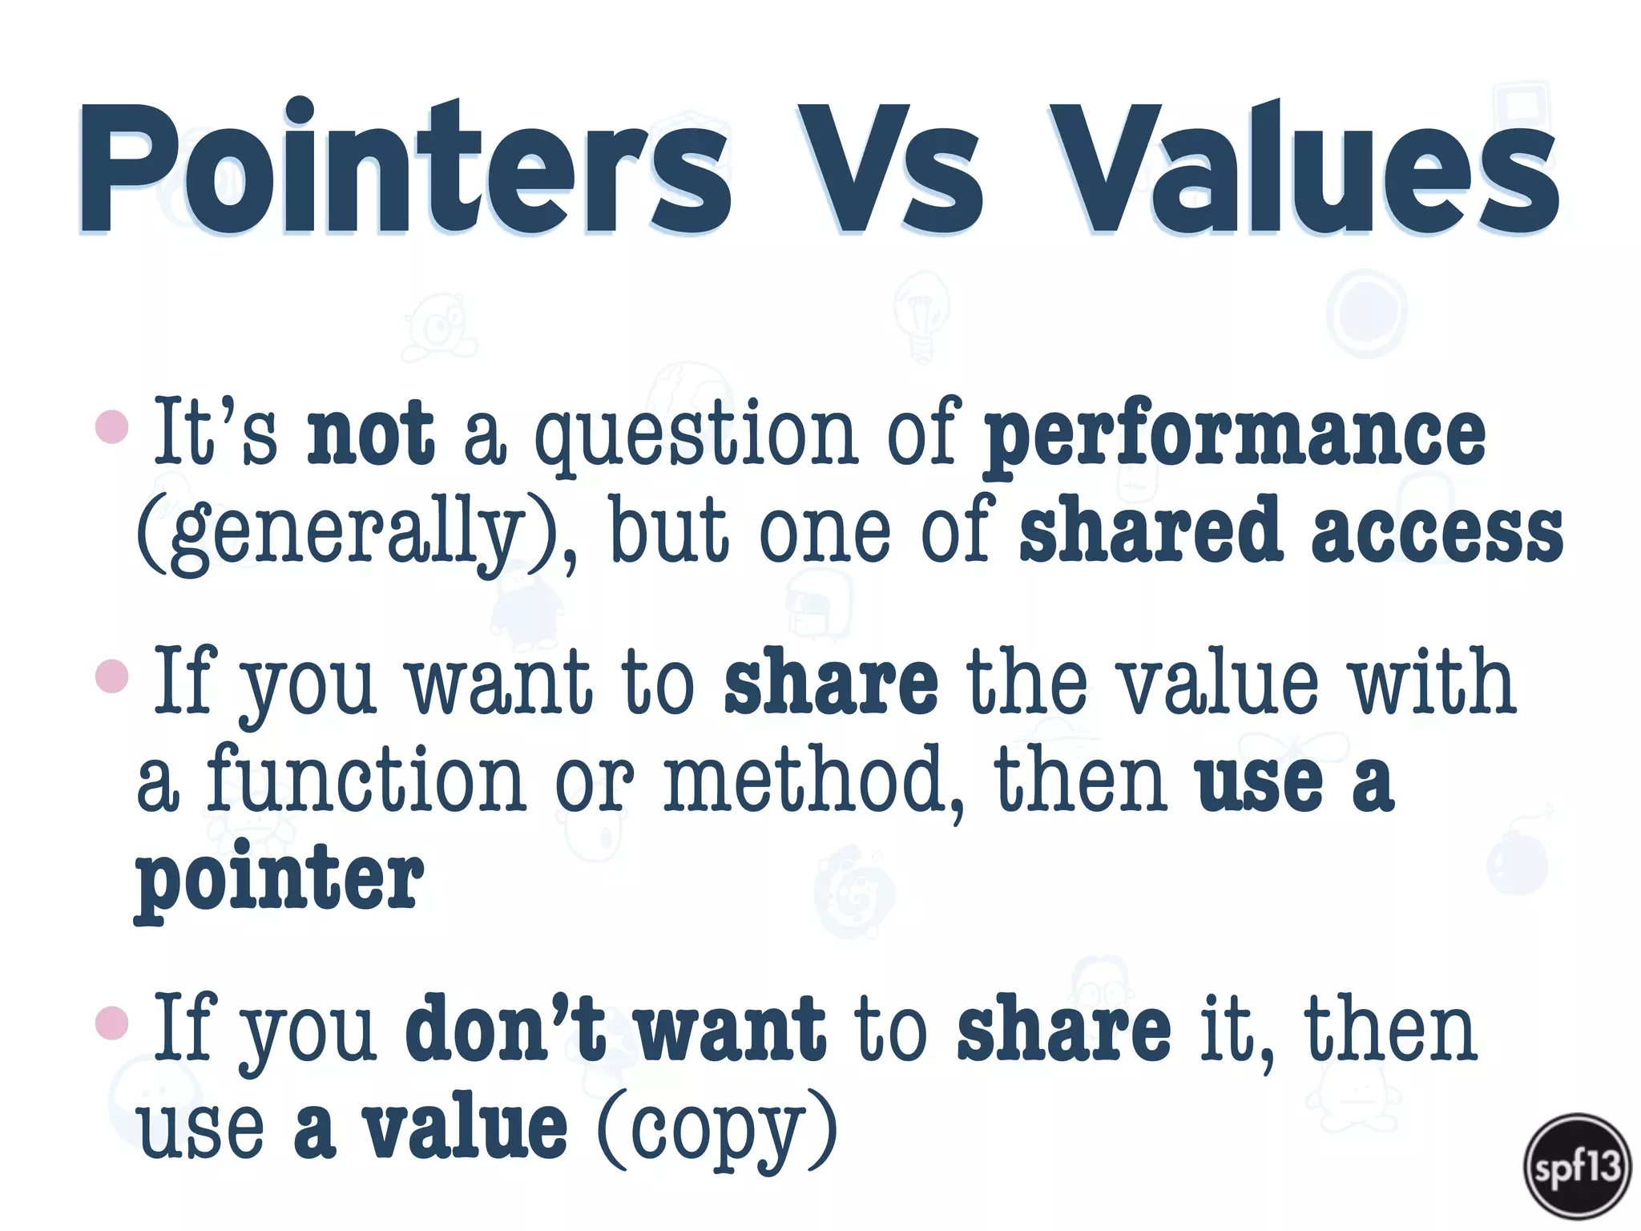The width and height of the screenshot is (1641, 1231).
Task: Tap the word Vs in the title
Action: (889, 170)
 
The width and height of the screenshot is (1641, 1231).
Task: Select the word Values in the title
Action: (1306, 170)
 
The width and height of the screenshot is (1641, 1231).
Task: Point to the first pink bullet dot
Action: (111, 426)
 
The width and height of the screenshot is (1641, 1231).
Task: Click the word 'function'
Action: (365, 777)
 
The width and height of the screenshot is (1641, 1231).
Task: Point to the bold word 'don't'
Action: (505, 1028)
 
